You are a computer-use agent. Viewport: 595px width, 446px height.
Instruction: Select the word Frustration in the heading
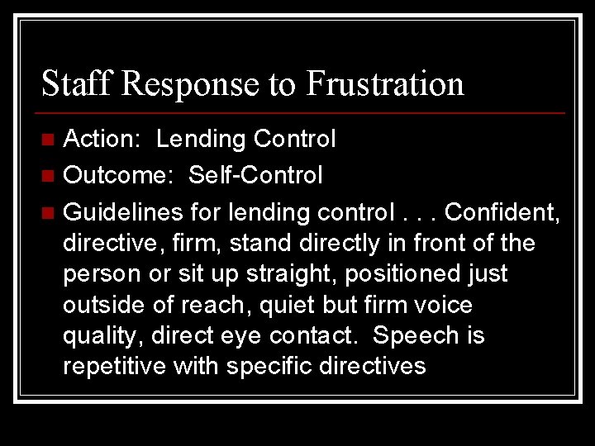click(x=385, y=83)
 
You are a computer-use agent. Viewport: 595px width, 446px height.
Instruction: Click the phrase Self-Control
click(x=255, y=175)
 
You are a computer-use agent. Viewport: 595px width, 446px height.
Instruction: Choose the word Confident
click(x=501, y=212)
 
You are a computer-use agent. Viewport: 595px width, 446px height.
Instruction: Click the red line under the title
click(x=303, y=112)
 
